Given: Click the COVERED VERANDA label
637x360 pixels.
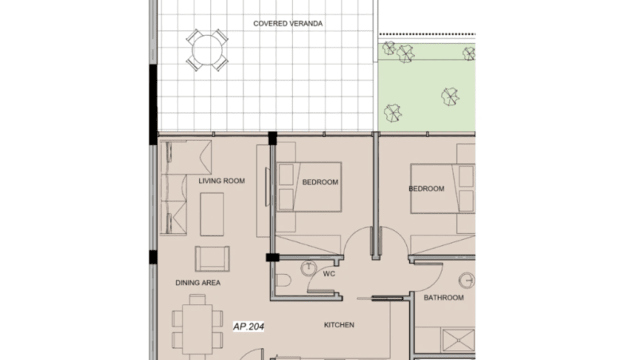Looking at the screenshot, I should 287,23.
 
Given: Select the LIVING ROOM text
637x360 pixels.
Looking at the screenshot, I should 222,181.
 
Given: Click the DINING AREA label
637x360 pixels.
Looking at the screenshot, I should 198,282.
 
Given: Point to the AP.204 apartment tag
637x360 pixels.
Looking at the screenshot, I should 249,327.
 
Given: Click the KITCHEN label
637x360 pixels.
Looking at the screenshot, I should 338,325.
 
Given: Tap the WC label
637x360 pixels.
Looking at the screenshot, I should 329,274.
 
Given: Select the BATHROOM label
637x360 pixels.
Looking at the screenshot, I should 443,298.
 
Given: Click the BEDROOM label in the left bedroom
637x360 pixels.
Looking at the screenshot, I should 320,182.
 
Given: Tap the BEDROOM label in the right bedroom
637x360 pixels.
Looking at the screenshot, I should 426,188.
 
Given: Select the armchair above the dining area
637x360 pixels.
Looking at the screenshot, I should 212,258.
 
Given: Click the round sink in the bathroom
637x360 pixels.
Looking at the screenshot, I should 469,281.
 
